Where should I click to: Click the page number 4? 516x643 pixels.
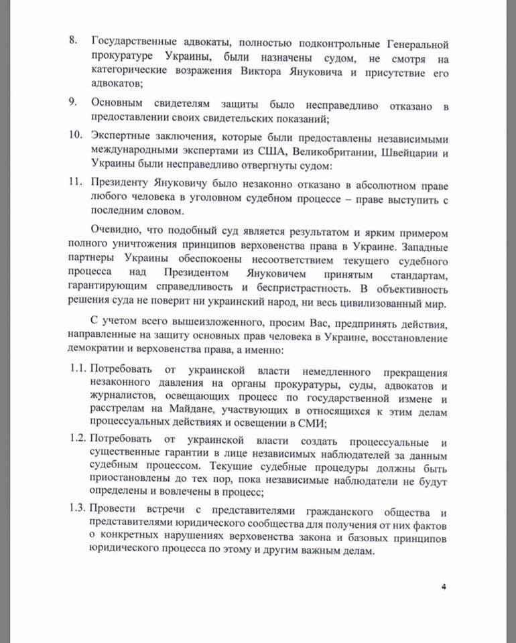pos(443,587)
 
